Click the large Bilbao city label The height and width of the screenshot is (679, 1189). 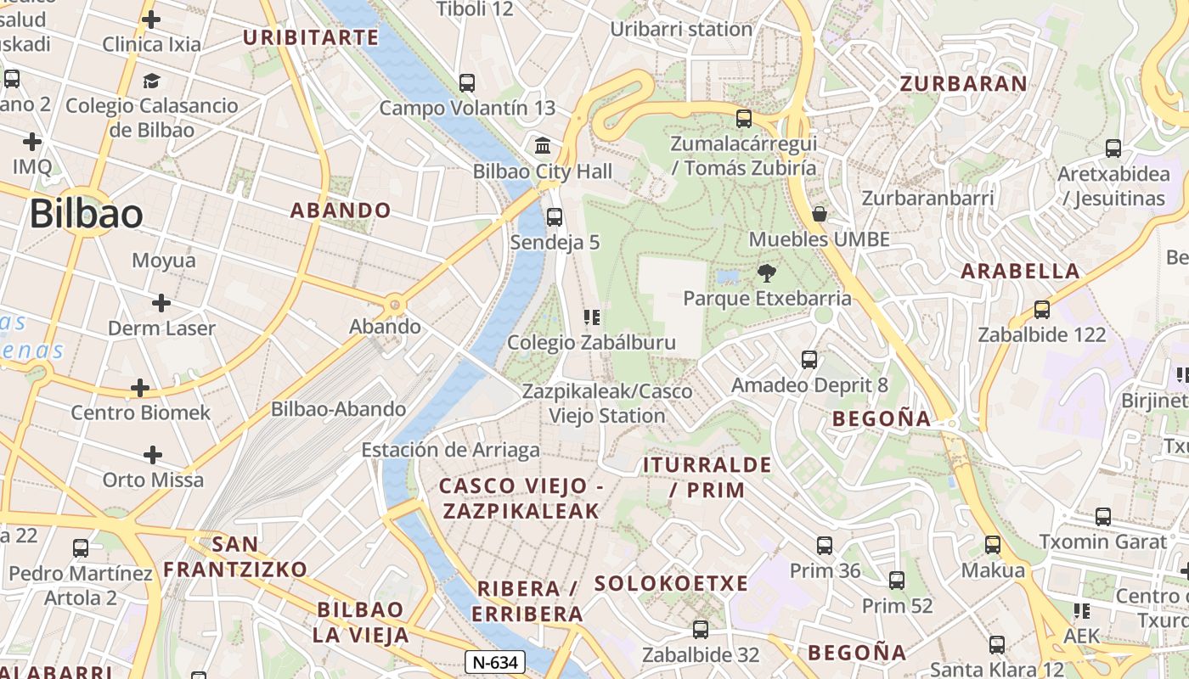point(86,214)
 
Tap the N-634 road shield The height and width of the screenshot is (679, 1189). point(495,662)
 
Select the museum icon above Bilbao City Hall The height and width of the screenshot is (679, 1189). point(543,145)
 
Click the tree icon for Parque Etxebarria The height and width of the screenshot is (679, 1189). point(766,272)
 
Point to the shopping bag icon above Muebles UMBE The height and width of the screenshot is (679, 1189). point(820,213)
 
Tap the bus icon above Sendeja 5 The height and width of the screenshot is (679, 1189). point(555,216)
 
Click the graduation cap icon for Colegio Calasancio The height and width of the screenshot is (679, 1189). point(151,81)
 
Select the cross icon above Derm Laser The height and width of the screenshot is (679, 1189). point(161,303)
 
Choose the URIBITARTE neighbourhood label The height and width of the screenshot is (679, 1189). point(311,37)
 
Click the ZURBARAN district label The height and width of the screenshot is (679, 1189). point(963,83)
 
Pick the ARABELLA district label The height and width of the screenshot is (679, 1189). point(1020,272)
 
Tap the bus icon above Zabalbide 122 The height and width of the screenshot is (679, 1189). point(1042,309)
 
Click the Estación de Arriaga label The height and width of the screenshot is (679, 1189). point(450,450)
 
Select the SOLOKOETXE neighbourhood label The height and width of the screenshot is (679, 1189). point(671,584)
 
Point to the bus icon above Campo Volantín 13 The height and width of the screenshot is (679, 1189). point(467,82)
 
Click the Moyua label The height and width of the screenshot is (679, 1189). point(163,261)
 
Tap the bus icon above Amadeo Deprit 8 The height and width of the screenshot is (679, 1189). point(809,360)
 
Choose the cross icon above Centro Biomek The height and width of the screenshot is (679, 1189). point(140,388)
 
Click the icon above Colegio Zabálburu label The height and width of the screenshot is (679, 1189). point(591,317)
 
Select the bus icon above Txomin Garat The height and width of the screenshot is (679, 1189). point(1103,516)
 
